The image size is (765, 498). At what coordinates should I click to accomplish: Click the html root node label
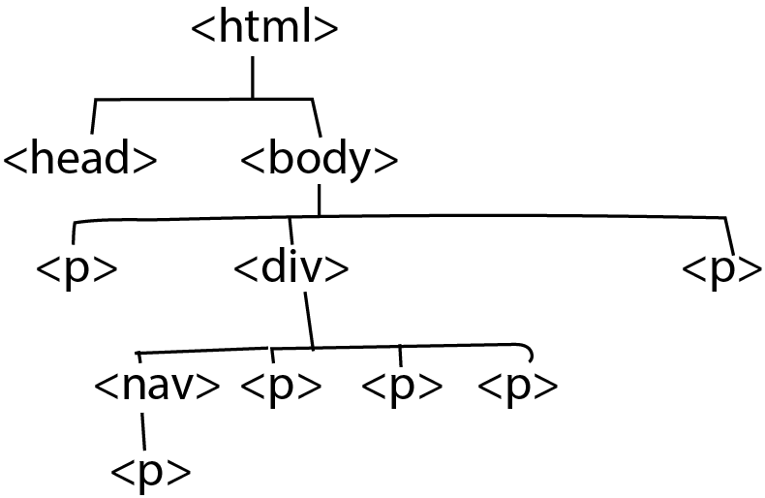click(x=265, y=29)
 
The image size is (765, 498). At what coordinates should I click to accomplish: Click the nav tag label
click(x=156, y=386)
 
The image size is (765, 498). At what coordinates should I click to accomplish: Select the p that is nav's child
click(x=151, y=472)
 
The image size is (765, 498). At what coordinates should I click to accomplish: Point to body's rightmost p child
click(x=722, y=269)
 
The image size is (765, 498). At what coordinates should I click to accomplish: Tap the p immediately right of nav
click(x=280, y=386)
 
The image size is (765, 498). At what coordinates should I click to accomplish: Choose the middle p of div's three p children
click(x=402, y=386)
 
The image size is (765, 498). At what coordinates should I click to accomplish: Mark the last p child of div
click(x=518, y=386)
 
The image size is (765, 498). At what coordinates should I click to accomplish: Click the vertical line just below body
click(x=319, y=199)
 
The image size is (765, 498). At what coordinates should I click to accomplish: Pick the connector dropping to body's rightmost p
click(x=728, y=235)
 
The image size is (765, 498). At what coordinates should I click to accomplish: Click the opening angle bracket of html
click(x=202, y=30)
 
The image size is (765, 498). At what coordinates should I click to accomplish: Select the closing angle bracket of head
click(x=145, y=159)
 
